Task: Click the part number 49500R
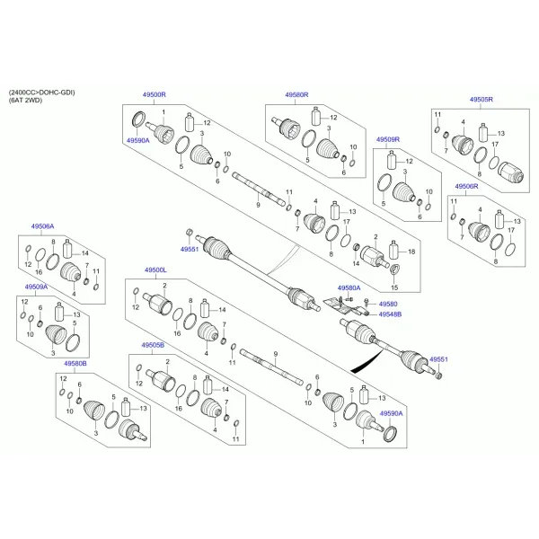[154, 94]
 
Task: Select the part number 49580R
[296, 94]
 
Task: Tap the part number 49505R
[482, 100]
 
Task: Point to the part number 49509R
[388, 139]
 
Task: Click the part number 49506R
[466, 186]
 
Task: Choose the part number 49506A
[42, 226]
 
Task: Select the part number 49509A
[37, 287]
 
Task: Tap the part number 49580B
[75, 363]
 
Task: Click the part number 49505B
[153, 345]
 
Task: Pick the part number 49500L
[155, 270]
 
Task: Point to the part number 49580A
[349, 288]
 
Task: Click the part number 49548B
[390, 314]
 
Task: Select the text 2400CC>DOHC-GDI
[42, 93]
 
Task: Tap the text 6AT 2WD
[25, 101]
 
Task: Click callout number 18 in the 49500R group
[411, 252]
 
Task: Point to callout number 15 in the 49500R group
[394, 287]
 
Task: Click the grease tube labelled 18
[393, 250]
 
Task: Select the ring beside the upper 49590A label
[138, 119]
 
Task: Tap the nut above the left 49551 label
[189, 233]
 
